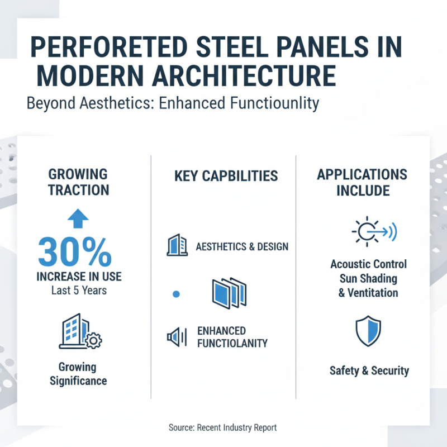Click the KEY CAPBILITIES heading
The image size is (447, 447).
(x=226, y=176)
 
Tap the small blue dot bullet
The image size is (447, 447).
(x=176, y=294)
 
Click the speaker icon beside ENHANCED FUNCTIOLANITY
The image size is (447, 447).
(x=177, y=337)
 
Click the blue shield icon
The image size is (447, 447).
(x=368, y=331)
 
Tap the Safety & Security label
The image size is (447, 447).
(x=369, y=370)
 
